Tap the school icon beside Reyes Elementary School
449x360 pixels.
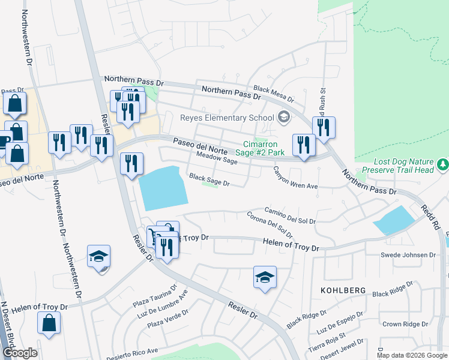(284, 118)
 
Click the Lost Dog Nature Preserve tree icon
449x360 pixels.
(444, 164)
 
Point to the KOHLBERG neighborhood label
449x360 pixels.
(345, 290)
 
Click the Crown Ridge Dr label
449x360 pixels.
(405, 324)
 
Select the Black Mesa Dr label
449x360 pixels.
(273, 93)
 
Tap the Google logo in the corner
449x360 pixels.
(20, 353)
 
